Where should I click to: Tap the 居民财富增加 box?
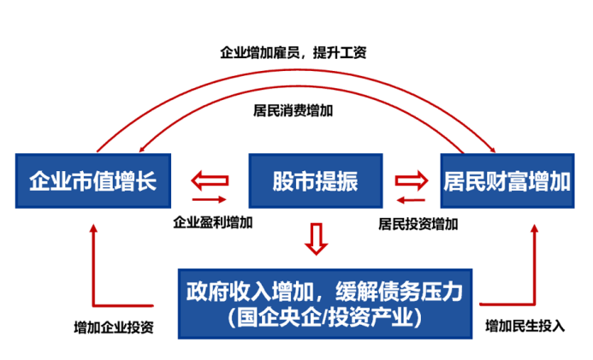[507, 180]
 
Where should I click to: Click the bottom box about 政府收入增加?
[324, 304]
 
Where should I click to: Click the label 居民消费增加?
[294, 110]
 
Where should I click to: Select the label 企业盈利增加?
[213, 222]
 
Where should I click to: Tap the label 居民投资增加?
[418, 224]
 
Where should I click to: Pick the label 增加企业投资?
[114, 327]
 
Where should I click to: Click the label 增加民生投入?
[525, 326]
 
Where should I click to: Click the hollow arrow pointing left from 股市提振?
[210, 180]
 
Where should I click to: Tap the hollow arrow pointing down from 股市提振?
[317, 239]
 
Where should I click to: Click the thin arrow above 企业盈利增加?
[211, 202]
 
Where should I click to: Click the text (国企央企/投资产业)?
[324, 319]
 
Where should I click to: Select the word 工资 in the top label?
[353, 52]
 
